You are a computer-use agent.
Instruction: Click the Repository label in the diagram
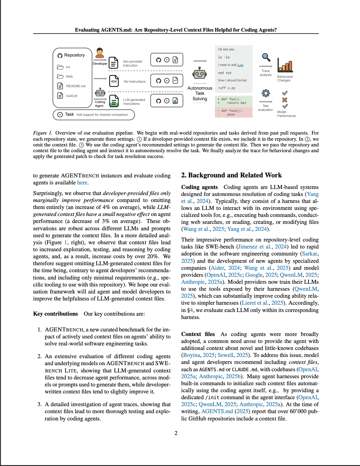point(74,55)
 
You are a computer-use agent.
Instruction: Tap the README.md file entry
point(76,86)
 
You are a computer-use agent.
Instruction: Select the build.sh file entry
point(72,96)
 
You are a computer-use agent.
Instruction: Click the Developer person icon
point(100,53)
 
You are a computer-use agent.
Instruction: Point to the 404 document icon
point(114,81)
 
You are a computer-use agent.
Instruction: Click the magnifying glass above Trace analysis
point(266,57)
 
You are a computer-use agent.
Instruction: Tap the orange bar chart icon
point(285,65)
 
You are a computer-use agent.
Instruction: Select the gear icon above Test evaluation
point(266,93)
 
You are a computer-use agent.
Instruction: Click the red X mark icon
point(285,100)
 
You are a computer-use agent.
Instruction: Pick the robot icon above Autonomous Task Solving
point(199,73)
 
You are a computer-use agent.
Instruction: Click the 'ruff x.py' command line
point(227,88)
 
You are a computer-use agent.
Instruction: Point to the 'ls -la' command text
point(224,57)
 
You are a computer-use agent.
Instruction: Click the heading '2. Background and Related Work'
point(231,175)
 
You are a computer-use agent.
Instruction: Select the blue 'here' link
point(82,183)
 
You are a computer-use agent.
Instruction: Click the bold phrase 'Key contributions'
point(56,314)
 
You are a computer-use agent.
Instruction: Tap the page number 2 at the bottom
point(176,433)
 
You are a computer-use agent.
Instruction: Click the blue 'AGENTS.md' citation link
point(217,411)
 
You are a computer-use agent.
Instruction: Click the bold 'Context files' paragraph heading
point(198,334)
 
